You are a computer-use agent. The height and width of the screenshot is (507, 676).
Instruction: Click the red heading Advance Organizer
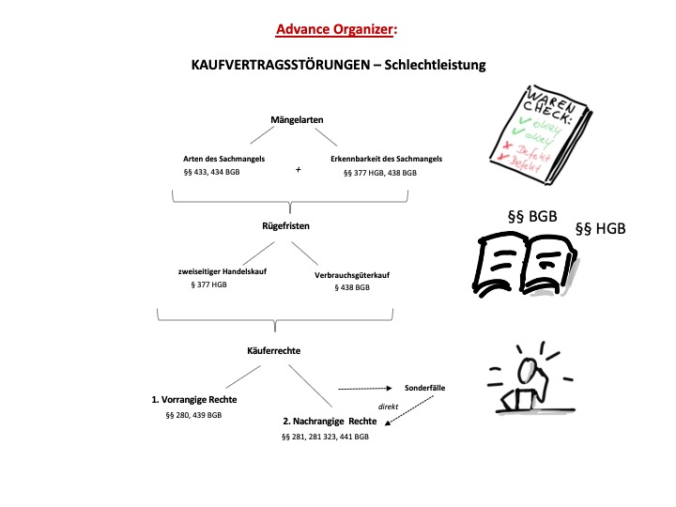click(333, 29)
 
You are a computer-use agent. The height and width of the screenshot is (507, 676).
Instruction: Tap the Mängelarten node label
click(291, 121)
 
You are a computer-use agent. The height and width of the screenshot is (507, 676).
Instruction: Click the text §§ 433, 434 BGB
click(211, 173)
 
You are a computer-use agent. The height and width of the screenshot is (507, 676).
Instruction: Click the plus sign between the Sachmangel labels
click(298, 170)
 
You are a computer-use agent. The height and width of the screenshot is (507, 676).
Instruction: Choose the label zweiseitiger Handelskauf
click(219, 271)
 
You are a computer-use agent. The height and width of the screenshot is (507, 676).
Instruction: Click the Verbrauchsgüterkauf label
click(351, 275)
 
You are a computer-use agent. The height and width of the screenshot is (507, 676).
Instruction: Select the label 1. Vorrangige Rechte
click(194, 399)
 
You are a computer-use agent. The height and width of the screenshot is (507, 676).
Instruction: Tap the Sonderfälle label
click(424, 387)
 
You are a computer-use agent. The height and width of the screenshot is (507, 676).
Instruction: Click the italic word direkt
click(390, 407)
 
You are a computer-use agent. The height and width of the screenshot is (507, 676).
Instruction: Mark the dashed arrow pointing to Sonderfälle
click(365, 388)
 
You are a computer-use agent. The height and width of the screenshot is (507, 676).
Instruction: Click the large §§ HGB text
click(599, 228)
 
